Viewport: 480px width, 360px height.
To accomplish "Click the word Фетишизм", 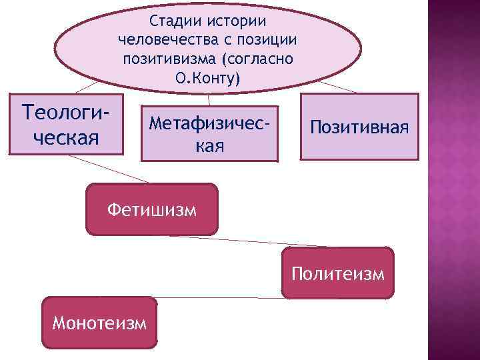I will pyautogui.click(x=152, y=211).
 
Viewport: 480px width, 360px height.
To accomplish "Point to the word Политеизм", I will pyautogui.click(x=337, y=274).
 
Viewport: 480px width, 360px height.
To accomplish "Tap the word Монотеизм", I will pyautogui.click(x=99, y=324).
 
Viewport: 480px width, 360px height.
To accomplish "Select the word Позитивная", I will pyautogui.click(x=360, y=127).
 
